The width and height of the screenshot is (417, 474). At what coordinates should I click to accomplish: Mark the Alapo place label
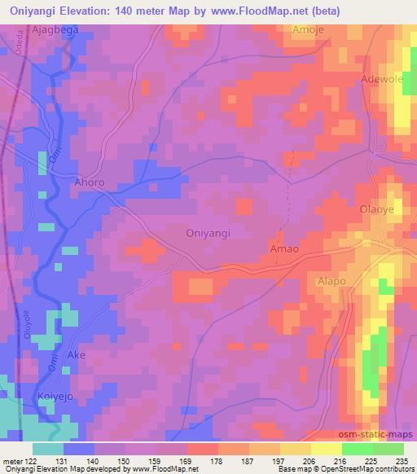[x=331, y=281]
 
